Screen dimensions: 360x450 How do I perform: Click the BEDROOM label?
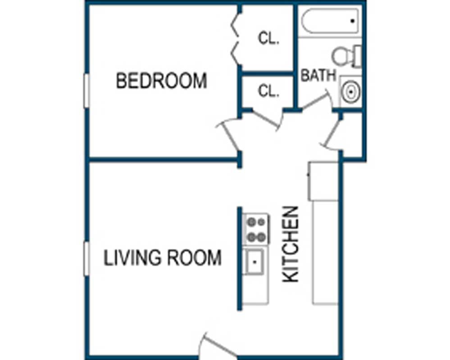click(x=161, y=81)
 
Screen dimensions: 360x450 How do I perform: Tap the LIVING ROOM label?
click(x=163, y=258)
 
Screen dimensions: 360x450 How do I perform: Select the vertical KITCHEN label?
click(x=291, y=244)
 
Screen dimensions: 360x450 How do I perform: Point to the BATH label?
click(x=318, y=76)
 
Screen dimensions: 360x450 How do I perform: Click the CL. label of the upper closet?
click(x=268, y=39)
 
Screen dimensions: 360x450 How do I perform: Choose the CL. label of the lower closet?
click(x=268, y=92)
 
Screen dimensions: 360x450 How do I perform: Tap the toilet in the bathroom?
click(x=347, y=56)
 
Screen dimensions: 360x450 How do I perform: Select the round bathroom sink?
click(x=350, y=92)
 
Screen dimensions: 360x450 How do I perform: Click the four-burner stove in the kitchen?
click(x=255, y=229)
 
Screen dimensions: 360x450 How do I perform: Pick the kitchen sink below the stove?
click(x=255, y=260)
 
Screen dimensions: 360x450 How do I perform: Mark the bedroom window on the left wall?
click(x=86, y=90)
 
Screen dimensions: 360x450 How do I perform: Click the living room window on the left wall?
click(x=86, y=258)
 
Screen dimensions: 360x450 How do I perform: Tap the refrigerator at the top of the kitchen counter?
click(x=323, y=181)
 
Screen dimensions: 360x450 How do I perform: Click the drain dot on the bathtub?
click(x=353, y=21)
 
